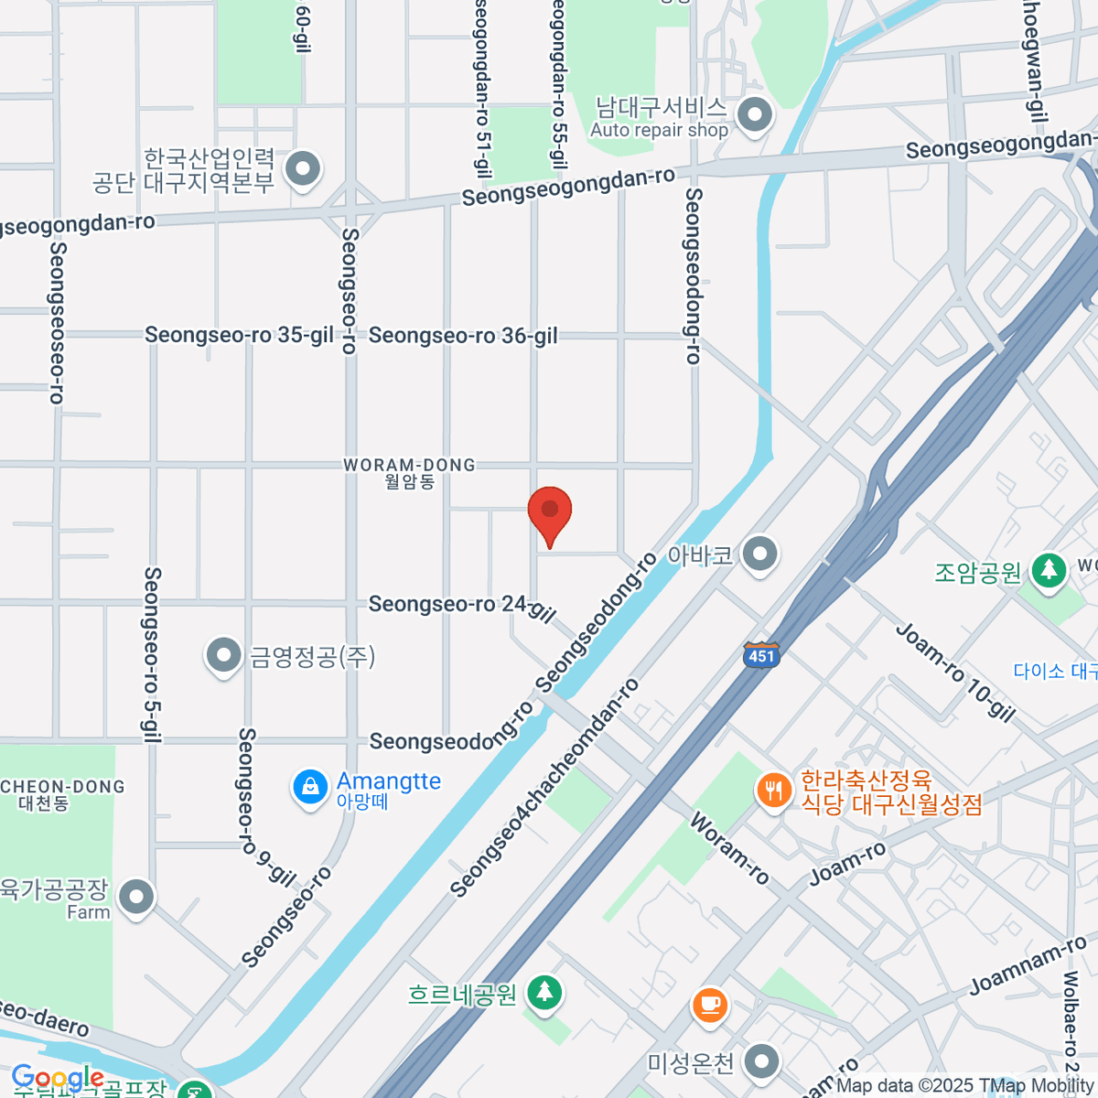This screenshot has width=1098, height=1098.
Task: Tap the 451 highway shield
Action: [x=760, y=655]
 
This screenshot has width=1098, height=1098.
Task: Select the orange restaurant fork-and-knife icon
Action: [x=774, y=790]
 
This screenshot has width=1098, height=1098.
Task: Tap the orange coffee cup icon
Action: [x=709, y=1006]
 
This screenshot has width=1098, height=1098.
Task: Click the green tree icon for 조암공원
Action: [x=1049, y=571]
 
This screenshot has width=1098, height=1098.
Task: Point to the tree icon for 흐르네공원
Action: [x=544, y=992]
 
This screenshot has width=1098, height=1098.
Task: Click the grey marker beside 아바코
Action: [x=759, y=554]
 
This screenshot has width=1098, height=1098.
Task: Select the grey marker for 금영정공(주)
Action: [x=223, y=655]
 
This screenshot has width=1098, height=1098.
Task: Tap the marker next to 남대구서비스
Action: [x=755, y=116]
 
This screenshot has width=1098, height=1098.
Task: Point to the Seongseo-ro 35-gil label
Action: [x=239, y=335]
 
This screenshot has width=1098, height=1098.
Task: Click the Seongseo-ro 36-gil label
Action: [x=463, y=337]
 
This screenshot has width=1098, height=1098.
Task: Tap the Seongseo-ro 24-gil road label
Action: [x=462, y=608]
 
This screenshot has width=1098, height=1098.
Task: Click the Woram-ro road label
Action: [x=729, y=848]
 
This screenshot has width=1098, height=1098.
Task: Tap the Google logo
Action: [x=57, y=1079]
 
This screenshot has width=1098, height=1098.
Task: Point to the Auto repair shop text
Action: [x=659, y=130]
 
